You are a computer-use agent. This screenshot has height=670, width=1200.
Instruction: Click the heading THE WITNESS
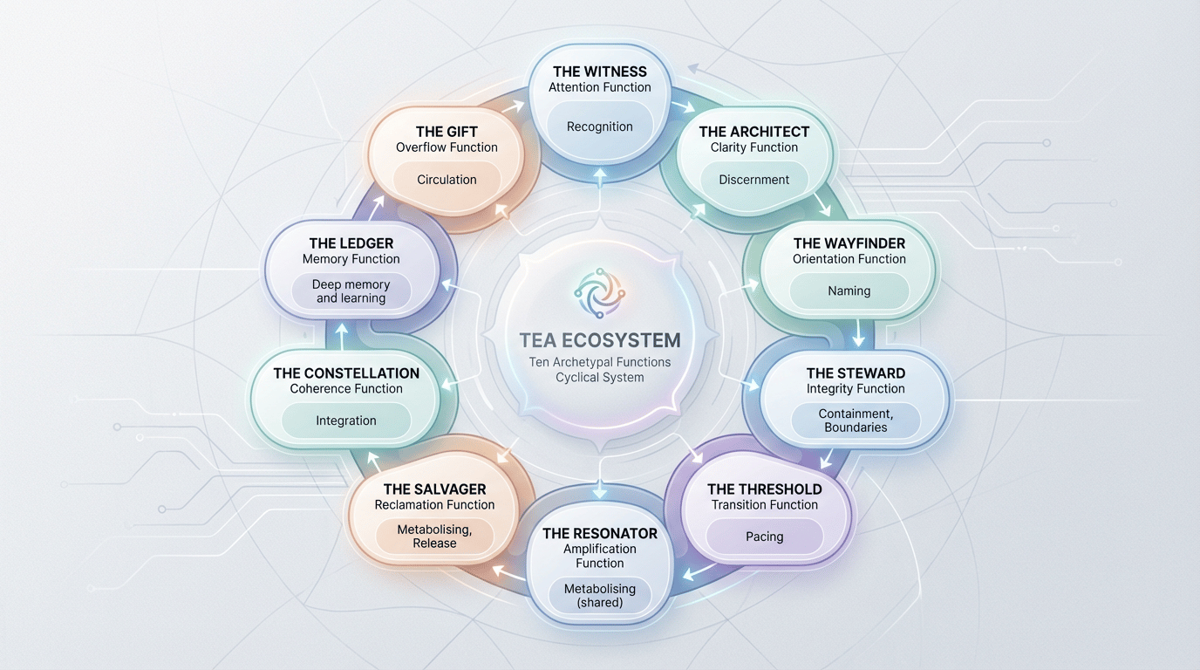(599, 72)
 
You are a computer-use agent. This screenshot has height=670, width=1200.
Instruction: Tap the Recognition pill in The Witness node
(599, 126)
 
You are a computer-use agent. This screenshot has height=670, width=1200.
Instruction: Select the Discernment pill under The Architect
(753, 180)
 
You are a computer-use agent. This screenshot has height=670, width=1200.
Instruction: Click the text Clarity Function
(753, 147)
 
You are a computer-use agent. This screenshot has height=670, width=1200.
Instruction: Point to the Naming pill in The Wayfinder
(849, 291)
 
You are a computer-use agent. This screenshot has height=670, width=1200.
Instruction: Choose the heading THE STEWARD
(855, 373)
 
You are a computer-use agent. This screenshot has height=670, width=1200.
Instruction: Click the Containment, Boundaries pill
(855, 420)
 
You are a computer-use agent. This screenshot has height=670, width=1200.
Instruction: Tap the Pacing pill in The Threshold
(764, 537)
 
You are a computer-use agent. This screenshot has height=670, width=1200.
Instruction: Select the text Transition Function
(764, 504)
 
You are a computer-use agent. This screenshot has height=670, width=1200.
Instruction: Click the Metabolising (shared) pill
(599, 596)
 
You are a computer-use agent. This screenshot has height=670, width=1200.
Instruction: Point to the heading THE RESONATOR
(599, 533)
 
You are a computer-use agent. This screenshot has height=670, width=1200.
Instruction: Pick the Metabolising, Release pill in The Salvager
(434, 537)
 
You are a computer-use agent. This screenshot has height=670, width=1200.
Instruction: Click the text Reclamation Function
(434, 504)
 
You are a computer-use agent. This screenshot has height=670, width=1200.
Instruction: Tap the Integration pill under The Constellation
(345, 420)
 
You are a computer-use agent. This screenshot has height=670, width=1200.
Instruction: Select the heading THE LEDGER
(351, 243)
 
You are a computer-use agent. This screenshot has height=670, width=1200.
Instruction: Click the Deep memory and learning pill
(351, 291)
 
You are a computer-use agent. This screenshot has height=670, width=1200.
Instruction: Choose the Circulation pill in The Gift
(447, 180)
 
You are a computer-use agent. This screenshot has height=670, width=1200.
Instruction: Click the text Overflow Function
(447, 147)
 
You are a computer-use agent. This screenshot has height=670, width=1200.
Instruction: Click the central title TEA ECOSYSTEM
(599, 339)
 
